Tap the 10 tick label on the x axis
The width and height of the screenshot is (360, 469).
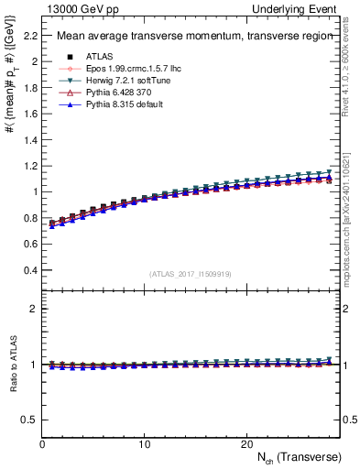click(144, 443)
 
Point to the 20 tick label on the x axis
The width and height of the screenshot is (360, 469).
click(246, 443)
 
